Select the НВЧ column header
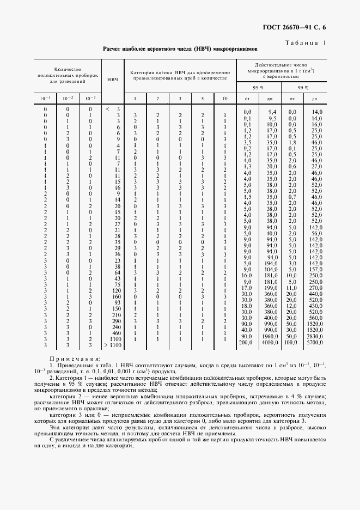pos(113,80)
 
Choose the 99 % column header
pos(303,87)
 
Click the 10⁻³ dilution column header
pos(90,99)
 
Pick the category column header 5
pos(202,99)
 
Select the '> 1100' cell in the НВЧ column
pos(113,345)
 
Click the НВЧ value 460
pos(115,332)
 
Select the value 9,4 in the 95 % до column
pos(272,112)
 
